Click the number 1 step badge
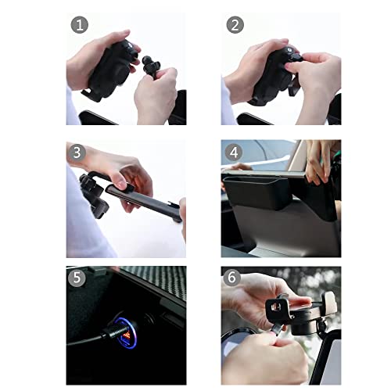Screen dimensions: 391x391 pyautogui.click(x=80, y=25)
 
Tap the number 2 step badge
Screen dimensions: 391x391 pyautogui.click(x=235, y=25)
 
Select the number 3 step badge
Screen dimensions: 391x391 pyautogui.click(x=77, y=152)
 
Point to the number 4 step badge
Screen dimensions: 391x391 pyautogui.click(x=234, y=152)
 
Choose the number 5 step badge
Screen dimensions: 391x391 pyautogui.click(x=77, y=278)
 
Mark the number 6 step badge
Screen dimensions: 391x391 pyautogui.click(x=231, y=278)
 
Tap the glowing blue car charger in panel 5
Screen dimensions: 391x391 pyautogui.click(x=126, y=333)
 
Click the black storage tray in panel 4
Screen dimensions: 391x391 pyautogui.click(x=256, y=192)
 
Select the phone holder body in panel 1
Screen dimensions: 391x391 pyautogui.click(x=111, y=69)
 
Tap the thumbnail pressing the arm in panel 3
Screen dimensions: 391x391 pyautogui.click(x=120, y=185)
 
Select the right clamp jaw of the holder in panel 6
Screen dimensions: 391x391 pyautogui.click(x=329, y=303)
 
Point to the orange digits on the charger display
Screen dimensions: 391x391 pyautogui.click(x=127, y=335)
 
